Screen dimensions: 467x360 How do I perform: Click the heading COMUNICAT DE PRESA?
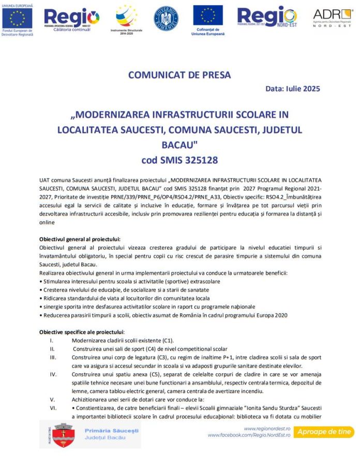pos(179,75)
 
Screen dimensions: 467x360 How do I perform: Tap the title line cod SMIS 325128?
pos(179,160)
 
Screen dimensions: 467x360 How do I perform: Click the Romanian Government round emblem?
pos(166,19)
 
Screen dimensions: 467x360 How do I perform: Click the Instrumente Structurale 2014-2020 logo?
pos(126,19)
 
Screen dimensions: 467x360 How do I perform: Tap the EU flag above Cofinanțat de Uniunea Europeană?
pos(208,16)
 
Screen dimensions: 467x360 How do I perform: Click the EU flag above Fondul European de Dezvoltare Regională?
pos(17,18)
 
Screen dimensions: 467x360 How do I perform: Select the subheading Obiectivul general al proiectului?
pos(80,239)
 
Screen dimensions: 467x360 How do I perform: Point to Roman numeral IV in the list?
pos(53,374)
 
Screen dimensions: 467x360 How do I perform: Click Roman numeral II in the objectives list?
pos(52,349)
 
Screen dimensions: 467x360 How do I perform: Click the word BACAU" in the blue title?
pos(179,144)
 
